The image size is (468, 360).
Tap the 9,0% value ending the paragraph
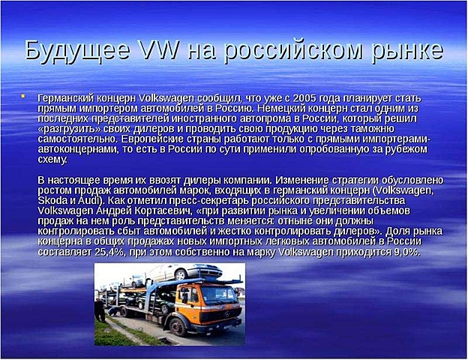click(406, 253)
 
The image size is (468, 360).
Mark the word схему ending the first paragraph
click(50, 160)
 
